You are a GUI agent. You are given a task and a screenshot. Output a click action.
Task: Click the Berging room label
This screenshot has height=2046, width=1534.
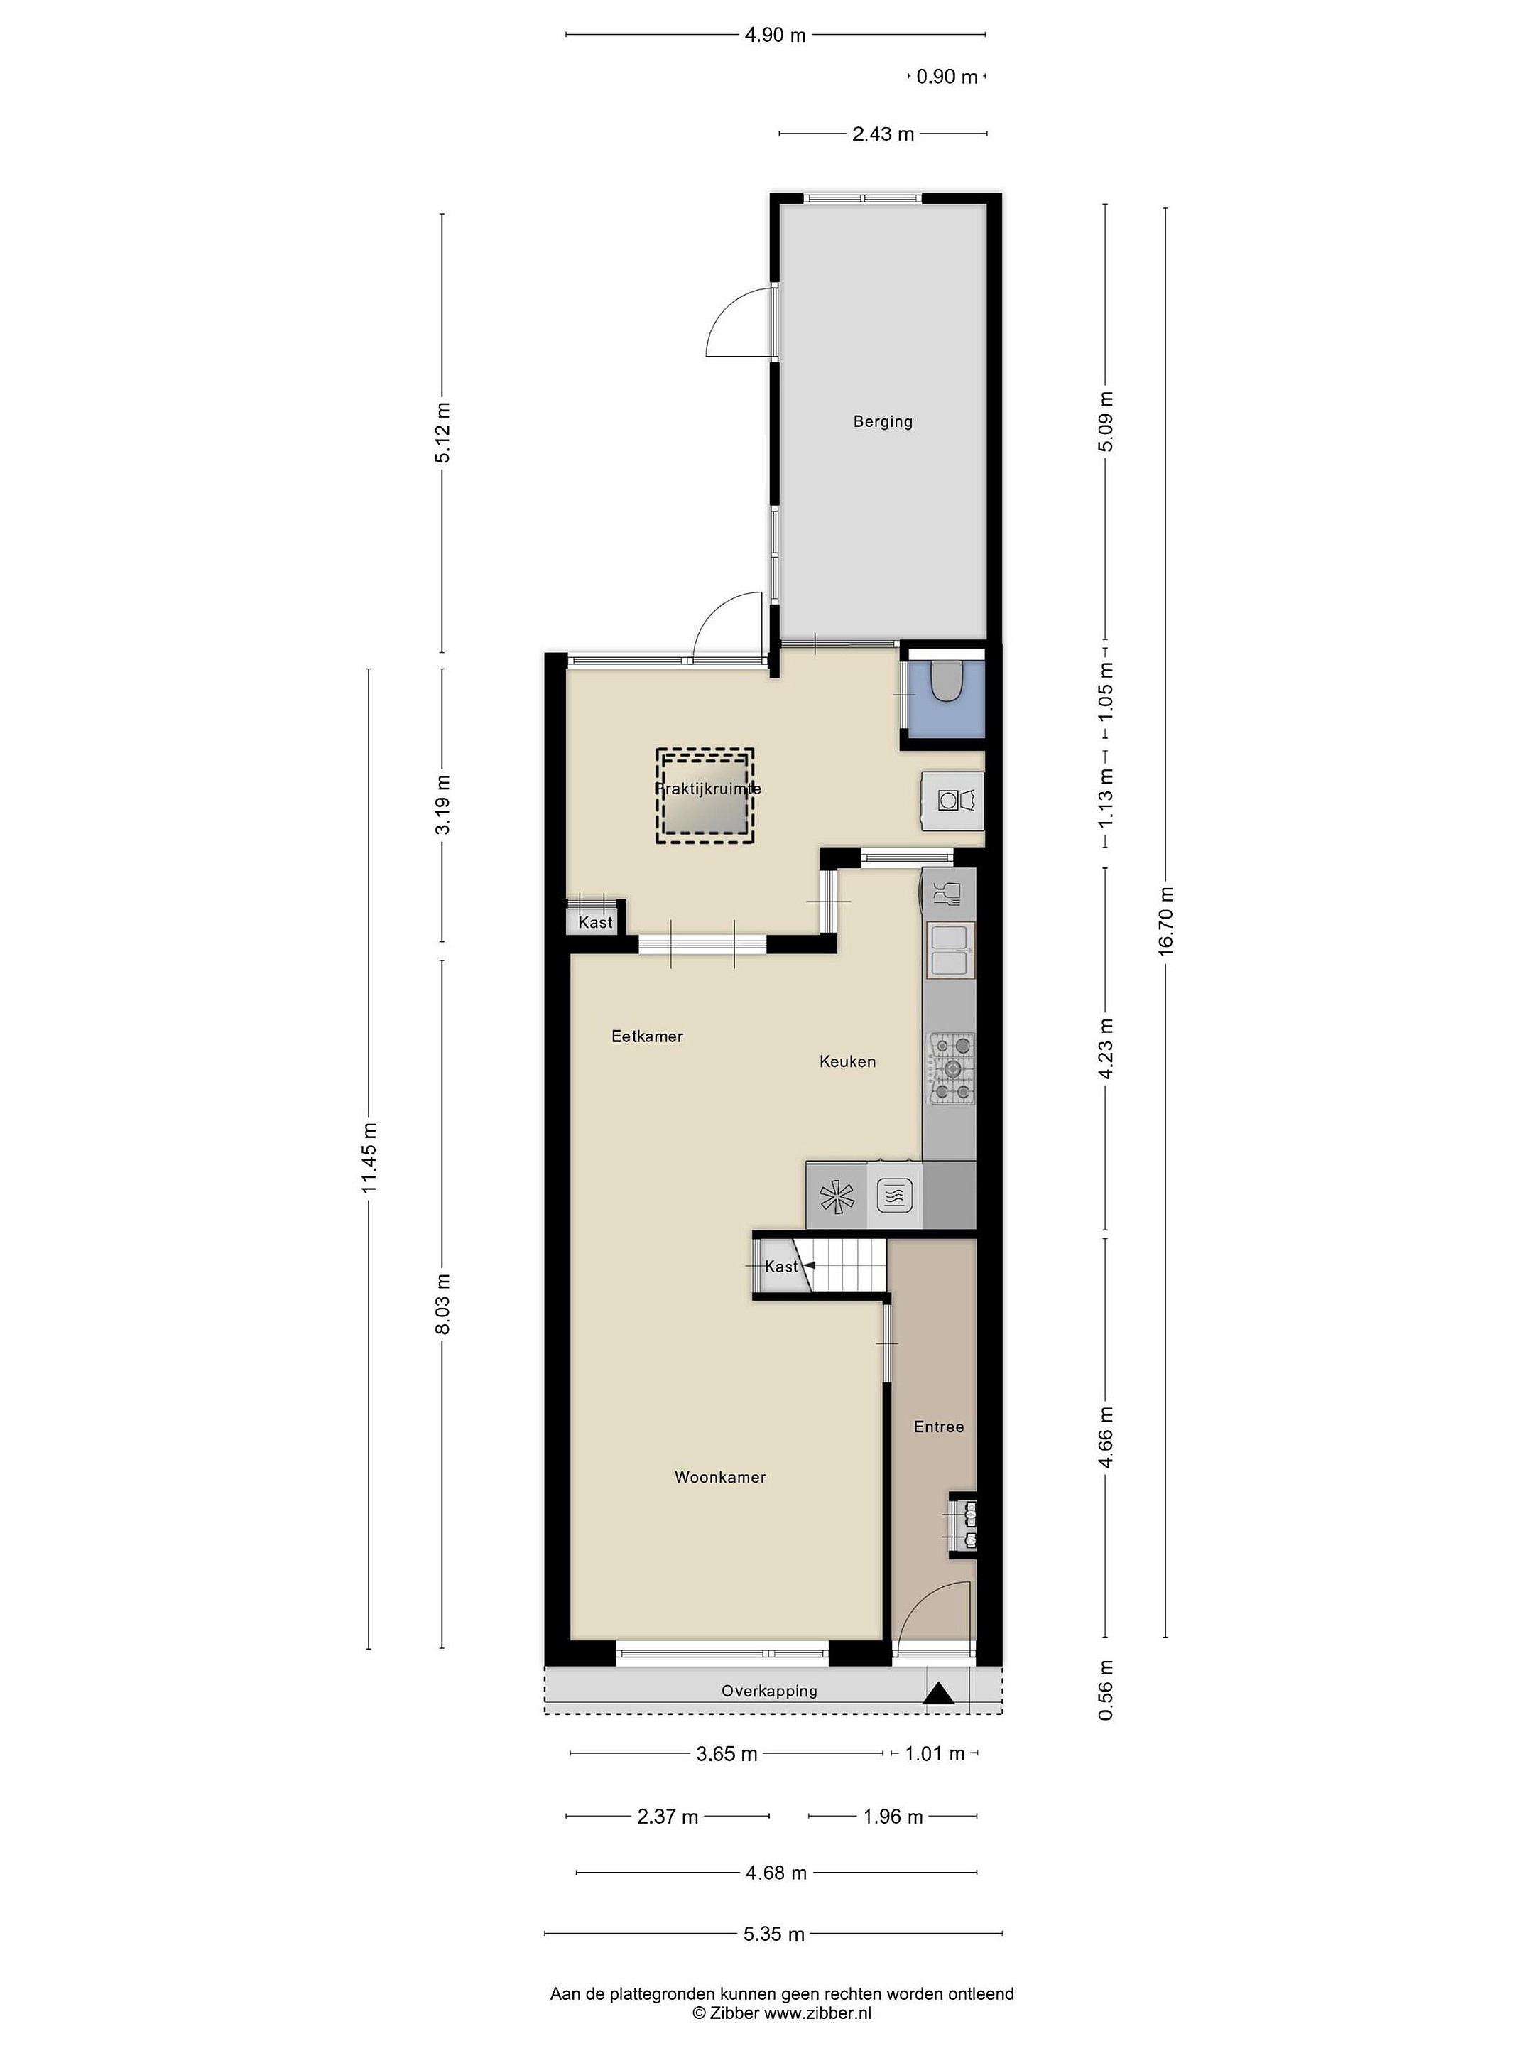coord(882,422)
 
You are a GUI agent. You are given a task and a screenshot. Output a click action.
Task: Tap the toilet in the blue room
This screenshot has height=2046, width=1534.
coord(946,680)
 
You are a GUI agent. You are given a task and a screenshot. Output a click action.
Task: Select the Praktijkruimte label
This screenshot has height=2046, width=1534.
coord(707,789)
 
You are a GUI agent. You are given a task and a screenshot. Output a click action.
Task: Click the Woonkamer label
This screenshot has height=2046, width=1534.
coord(720,1477)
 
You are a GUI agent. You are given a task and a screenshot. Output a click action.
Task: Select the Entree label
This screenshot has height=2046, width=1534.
coord(939,1427)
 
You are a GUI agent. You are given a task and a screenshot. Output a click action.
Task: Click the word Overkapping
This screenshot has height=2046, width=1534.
coord(769,1691)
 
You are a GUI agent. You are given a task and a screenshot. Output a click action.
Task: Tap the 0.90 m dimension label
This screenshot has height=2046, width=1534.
coord(947,77)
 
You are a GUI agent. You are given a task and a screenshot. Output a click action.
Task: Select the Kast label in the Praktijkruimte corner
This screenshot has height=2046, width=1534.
coord(595,922)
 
